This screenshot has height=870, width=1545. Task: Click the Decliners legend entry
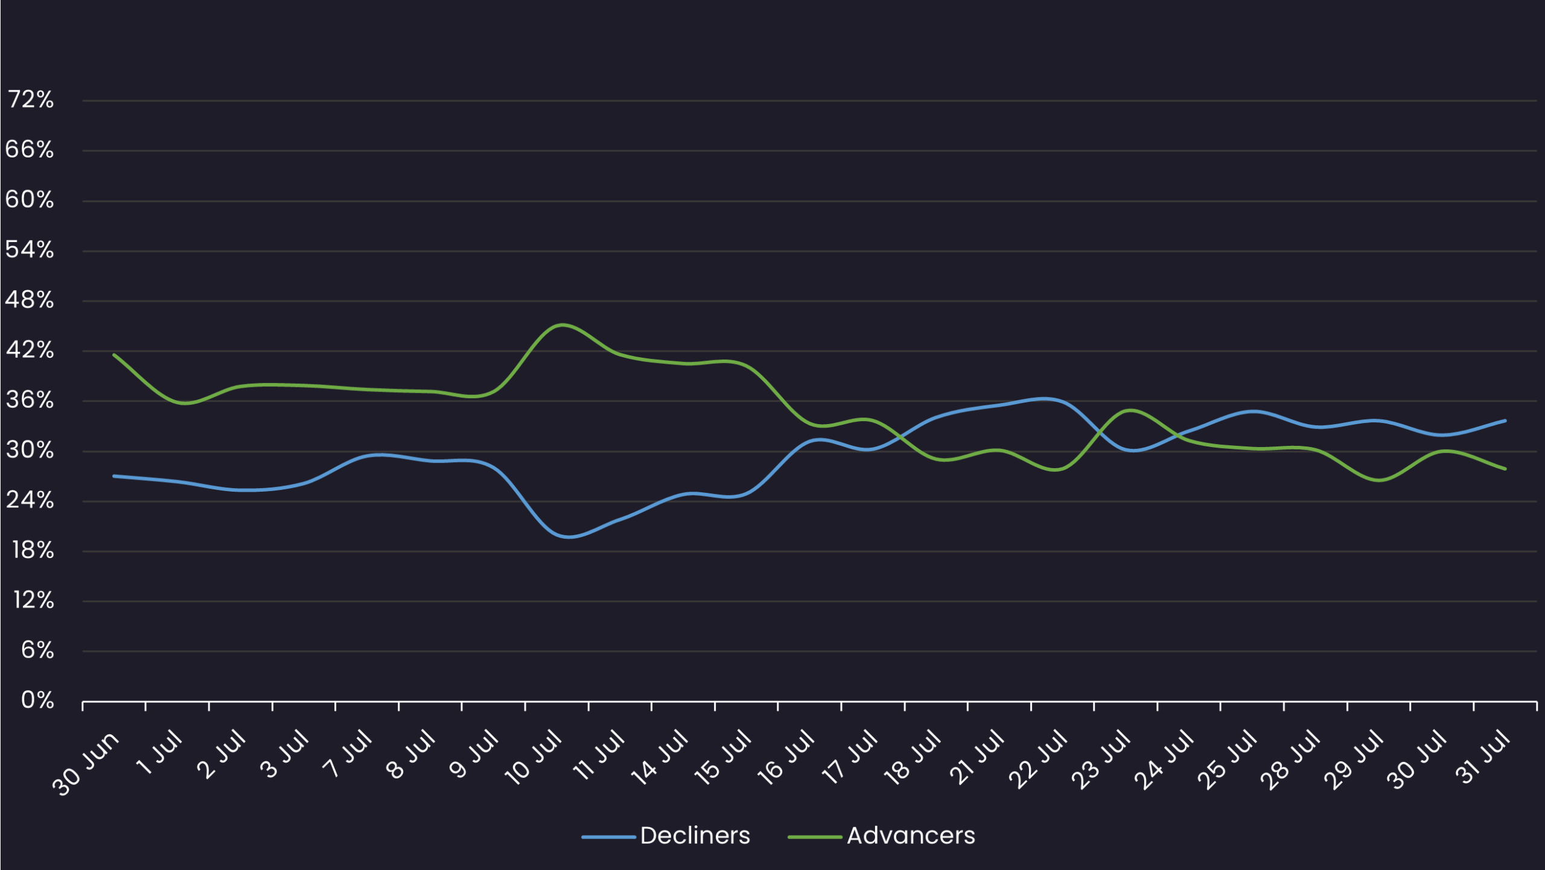[x=695, y=836]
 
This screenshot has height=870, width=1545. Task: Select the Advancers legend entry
[x=910, y=836]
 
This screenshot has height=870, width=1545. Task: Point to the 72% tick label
[x=31, y=100]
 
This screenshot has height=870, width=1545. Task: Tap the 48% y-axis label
[x=30, y=300]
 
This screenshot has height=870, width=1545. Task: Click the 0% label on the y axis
[x=37, y=700]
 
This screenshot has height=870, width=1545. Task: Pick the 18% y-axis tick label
[x=33, y=550]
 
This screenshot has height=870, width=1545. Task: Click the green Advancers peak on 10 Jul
[x=562, y=325]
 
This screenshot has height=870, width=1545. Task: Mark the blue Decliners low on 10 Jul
[x=569, y=536]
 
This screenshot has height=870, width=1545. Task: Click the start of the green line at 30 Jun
[x=114, y=355]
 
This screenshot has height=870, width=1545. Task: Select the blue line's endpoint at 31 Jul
[x=1505, y=421]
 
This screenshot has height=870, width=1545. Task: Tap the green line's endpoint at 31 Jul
[x=1505, y=469]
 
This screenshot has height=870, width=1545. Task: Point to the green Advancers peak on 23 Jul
[x=1130, y=410]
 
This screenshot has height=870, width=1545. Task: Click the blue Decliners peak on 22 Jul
[x=1044, y=398]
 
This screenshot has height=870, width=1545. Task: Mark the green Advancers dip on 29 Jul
[x=1379, y=480]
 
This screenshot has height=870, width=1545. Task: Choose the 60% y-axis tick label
[x=30, y=200]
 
